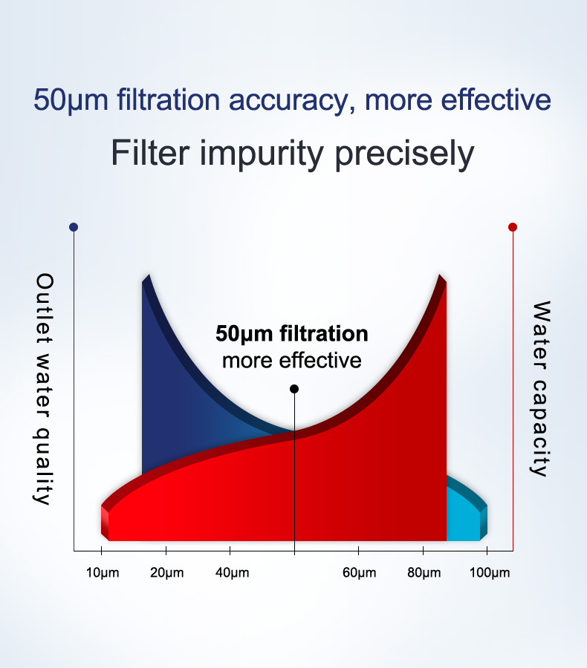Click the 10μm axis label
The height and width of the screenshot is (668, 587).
click(103, 573)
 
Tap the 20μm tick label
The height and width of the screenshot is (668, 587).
click(166, 573)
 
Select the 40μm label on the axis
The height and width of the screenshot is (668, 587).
click(232, 573)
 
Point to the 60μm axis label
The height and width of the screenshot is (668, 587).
click(359, 573)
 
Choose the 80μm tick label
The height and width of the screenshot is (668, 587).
click(424, 573)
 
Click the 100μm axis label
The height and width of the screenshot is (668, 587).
click(490, 573)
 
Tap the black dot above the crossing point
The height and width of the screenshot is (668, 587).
click(294, 389)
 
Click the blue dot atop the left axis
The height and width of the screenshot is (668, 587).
click(73, 227)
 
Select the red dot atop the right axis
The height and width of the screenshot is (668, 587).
click(513, 227)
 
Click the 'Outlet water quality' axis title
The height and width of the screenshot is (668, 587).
click(45, 389)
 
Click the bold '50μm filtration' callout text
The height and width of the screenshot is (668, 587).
click(292, 333)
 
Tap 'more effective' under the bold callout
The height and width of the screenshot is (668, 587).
click(292, 361)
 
